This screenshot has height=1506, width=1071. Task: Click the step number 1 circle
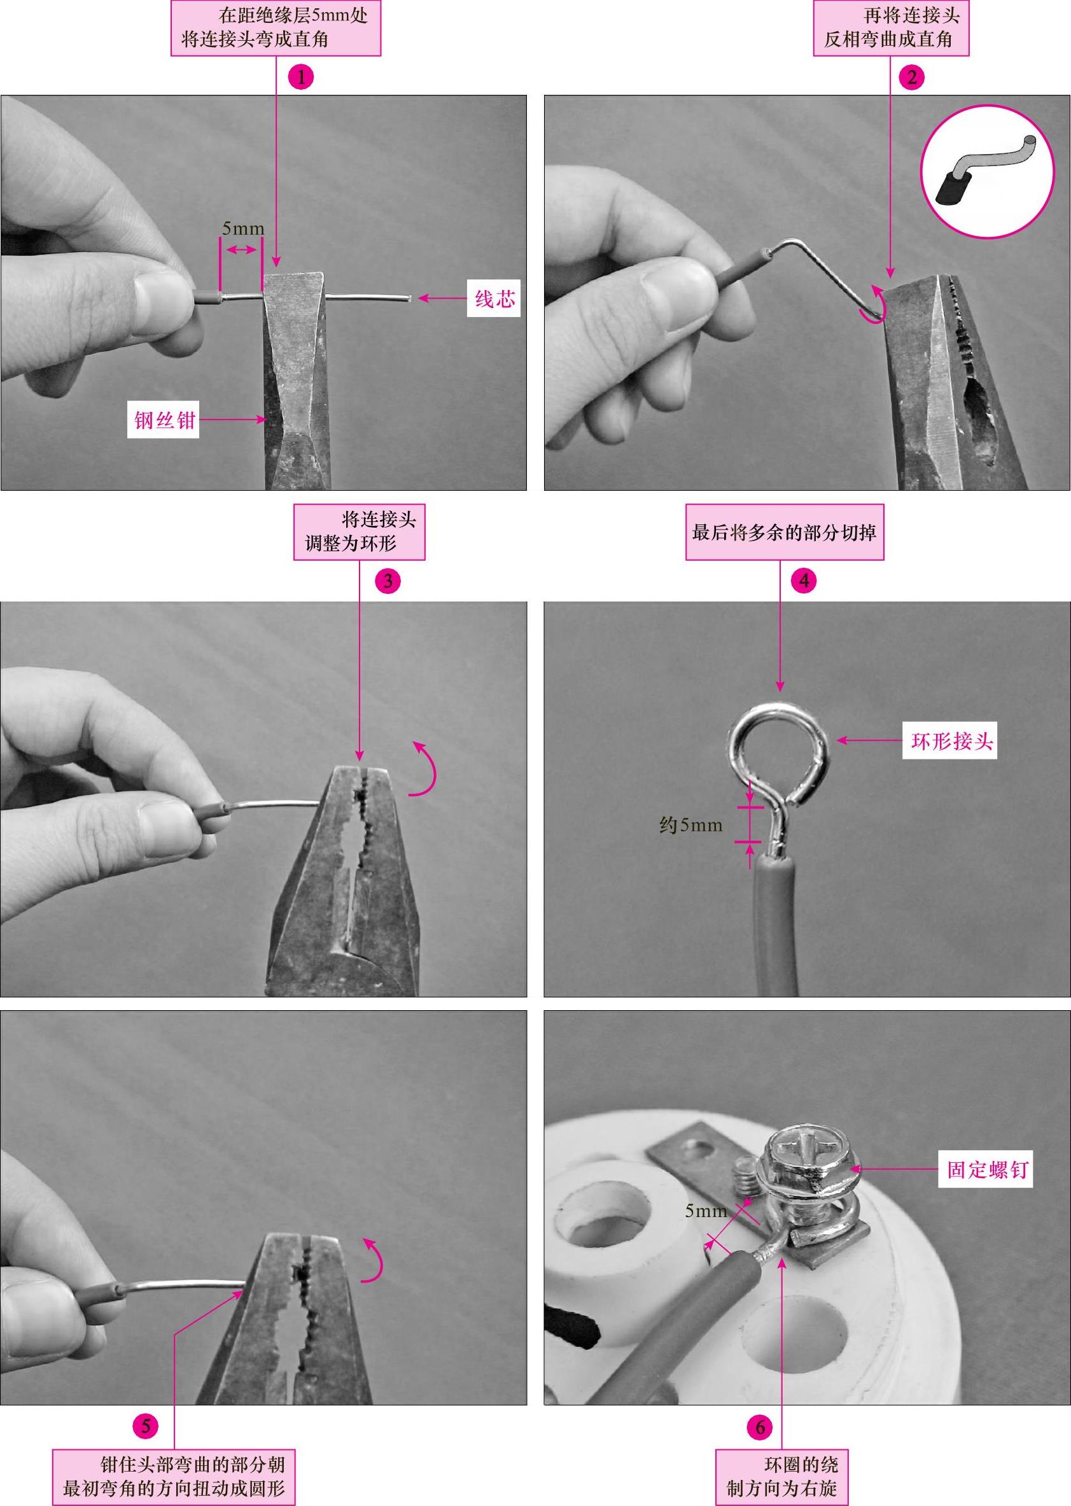[x=302, y=77]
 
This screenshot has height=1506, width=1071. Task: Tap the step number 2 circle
[x=912, y=77]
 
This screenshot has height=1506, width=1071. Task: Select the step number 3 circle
[x=388, y=581]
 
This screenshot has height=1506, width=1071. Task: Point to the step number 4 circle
[x=803, y=581]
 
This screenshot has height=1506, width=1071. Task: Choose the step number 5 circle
[x=146, y=1426]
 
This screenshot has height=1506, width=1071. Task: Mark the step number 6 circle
[x=760, y=1427]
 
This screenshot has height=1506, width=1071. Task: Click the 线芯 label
[x=494, y=299]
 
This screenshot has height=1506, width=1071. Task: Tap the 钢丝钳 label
[x=163, y=420]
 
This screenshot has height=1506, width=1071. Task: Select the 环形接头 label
[x=949, y=741]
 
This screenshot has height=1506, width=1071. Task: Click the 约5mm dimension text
[x=690, y=824]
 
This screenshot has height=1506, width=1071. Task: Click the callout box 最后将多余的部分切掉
[x=785, y=532]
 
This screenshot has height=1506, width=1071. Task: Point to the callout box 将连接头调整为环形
[x=360, y=532]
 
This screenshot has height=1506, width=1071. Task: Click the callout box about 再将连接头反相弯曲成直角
[x=891, y=29]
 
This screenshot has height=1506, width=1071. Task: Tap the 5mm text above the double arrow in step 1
[x=242, y=229]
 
